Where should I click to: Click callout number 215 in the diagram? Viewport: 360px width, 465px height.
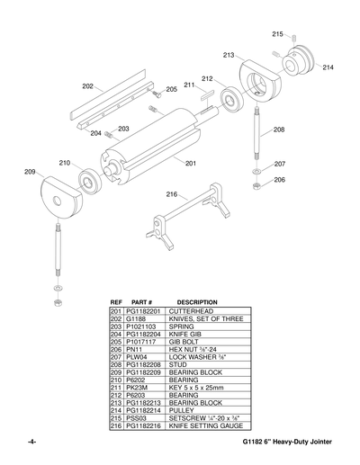point(277,33)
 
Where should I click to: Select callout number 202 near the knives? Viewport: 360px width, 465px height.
point(87,86)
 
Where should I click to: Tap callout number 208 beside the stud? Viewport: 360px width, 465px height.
point(279,130)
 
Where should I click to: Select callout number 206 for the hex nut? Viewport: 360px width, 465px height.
point(279,180)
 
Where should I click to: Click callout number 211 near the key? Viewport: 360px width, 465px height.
point(190,85)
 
